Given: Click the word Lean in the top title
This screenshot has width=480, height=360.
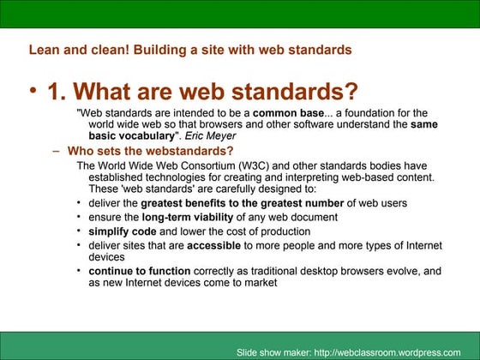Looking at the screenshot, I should click(44, 50).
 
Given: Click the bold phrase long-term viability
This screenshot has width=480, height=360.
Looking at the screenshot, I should click(181, 217).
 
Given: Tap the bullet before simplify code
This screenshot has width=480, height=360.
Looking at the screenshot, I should click(79, 231).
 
